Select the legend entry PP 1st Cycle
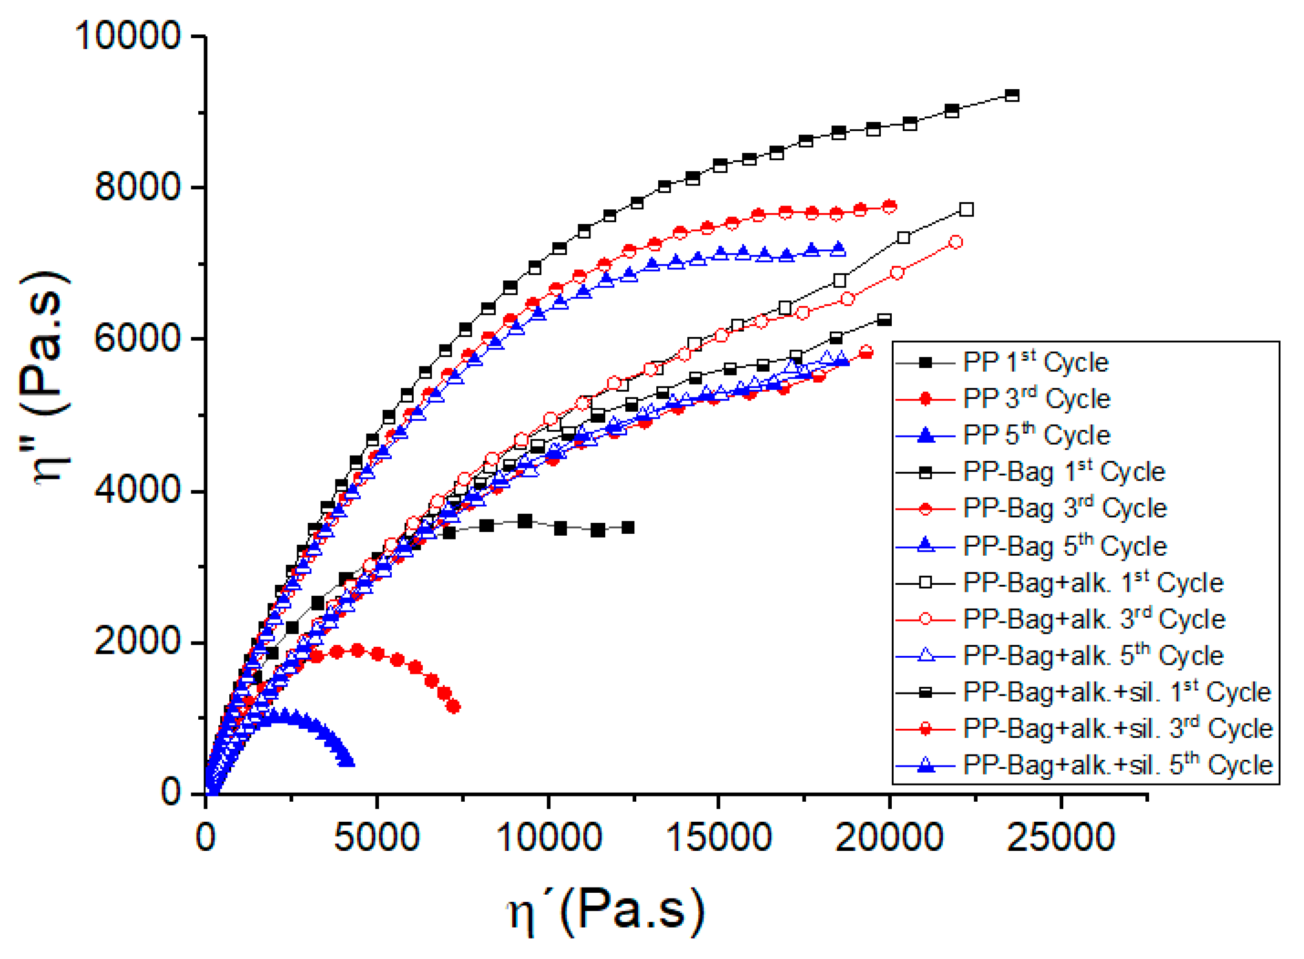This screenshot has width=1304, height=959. click(1035, 363)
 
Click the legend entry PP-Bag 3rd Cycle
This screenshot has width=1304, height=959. click(1064, 508)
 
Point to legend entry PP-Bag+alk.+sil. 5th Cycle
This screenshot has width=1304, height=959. click(1117, 765)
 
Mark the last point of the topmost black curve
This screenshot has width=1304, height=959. click(1011, 96)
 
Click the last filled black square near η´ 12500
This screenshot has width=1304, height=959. click(627, 527)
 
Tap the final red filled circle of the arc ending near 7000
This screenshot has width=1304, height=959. click(454, 706)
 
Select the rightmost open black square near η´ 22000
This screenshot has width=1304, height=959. click(966, 210)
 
